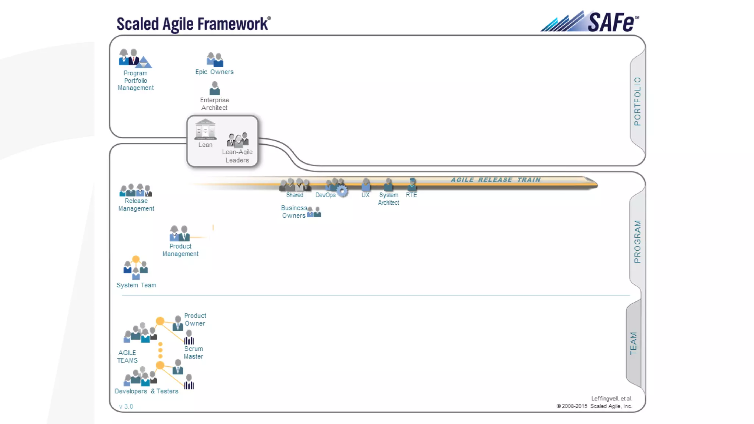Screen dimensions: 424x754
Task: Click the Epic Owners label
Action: point(214,72)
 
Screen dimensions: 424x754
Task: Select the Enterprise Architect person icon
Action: point(214,89)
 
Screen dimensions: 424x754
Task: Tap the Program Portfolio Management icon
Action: point(135,58)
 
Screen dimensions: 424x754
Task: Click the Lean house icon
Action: point(205,130)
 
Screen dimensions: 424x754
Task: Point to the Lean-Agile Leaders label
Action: point(237,156)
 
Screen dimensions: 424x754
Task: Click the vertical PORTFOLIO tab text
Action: point(637,101)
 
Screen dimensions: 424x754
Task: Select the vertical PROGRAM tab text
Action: point(637,241)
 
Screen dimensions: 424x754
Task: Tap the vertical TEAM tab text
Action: point(633,343)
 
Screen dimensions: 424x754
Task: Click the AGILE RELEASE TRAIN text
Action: point(496,180)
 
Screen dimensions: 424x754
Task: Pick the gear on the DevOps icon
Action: point(342,191)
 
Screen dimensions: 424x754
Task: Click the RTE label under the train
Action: point(411,195)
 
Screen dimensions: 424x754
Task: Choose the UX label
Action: point(365,195)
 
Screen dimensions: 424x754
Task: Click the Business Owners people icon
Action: point(314,212)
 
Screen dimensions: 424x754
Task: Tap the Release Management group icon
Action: point(135,190)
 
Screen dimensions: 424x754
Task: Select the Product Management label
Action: point(180,250)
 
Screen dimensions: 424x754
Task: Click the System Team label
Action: point(136,285)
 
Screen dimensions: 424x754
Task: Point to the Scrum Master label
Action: point(193,352)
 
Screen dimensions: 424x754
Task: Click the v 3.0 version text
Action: point(126,406)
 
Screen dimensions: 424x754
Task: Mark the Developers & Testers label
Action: point(146,391)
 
